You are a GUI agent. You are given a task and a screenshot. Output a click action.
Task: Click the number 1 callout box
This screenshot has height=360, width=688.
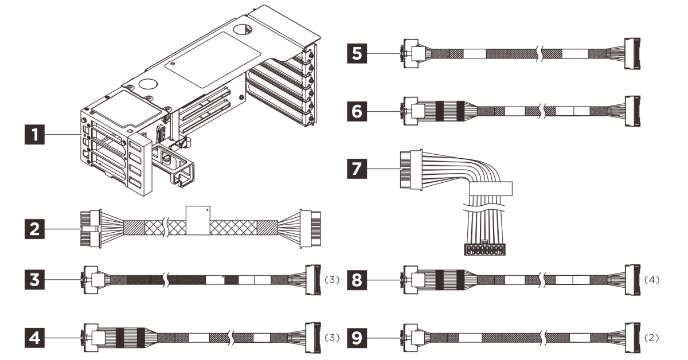pos(34,134)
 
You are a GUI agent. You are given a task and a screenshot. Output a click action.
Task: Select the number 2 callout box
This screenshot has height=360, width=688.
pos(34,229)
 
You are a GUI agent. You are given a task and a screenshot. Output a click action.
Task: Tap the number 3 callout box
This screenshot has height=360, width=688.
pos(34,280)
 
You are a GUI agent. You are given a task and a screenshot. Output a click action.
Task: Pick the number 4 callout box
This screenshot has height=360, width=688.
pos(34,338)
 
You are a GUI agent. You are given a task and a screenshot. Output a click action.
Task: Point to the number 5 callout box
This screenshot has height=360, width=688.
pos(357,53)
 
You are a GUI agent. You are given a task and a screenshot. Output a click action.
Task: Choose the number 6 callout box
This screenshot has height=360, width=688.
pos(357,111)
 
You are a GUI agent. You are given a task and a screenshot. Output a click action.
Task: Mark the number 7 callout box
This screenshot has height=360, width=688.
pos(357,169)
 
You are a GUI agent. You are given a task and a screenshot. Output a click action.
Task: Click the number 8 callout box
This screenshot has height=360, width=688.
pos(357,280)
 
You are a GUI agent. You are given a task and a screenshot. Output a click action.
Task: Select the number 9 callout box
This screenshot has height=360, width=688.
pos(357,338)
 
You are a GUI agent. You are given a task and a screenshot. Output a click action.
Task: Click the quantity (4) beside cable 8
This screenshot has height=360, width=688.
pos(651,280)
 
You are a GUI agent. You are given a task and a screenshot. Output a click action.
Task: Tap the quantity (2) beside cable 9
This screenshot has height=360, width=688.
pos(651,338)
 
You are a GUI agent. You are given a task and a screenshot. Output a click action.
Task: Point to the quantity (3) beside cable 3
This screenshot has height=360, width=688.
pos(332,280)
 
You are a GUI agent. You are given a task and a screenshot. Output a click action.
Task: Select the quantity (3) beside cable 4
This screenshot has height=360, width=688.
pos(332,338)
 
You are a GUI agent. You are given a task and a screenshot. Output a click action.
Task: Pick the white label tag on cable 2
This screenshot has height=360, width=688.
pos(198,221)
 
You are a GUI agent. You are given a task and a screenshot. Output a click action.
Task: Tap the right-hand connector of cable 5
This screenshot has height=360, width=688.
pos(632,53)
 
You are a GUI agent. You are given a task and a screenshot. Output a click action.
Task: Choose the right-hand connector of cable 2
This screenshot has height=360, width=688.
pos(311,229)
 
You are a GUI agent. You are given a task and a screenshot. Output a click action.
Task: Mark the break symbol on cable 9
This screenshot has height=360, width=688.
pos(542,338)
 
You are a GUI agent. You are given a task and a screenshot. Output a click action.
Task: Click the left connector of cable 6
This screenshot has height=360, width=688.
pos(411,111)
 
